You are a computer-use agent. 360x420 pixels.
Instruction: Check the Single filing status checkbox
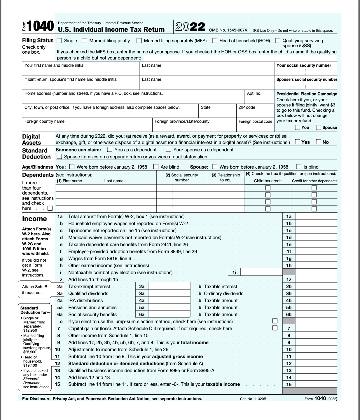coord(60,41)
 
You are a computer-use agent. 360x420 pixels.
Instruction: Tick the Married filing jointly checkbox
coord(85,41)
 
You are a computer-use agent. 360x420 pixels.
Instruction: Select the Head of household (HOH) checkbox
coord(215,41)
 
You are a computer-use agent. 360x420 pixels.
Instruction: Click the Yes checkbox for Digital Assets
coord(298,142)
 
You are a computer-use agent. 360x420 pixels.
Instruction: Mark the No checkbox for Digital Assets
coord(319,142)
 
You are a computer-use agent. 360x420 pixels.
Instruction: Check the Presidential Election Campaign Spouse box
coord(319,127)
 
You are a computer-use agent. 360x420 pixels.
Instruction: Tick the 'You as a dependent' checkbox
coord(110,150)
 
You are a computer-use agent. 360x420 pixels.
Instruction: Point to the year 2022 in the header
coord(190,27)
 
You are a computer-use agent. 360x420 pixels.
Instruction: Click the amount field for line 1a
coord(316,216)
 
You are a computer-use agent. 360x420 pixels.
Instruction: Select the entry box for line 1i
coord(261,272)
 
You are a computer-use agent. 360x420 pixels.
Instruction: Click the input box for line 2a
coord(169,286)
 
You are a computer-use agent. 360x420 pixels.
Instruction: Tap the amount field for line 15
coord(316,384)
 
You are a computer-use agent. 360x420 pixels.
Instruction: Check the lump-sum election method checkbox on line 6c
coord(275,321)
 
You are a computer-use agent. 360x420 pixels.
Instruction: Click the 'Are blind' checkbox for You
coord(156,167)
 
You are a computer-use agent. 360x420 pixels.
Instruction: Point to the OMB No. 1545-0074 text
coord(228,30)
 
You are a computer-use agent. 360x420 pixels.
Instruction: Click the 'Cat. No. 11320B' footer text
coord(253,399)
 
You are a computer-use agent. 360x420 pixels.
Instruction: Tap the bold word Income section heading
coord(34,219)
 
